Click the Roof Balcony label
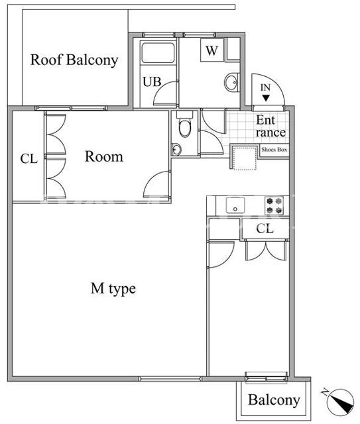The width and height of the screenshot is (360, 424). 74,60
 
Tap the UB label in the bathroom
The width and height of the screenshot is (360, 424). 152,81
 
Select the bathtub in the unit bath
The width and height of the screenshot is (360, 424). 158,52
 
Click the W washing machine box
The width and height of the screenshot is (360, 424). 212,50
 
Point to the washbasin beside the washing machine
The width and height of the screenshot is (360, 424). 231,82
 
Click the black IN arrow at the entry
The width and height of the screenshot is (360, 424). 266,98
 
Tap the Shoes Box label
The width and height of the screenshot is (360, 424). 274,150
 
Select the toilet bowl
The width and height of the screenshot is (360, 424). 185,128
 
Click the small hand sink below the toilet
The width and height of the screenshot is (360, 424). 176,150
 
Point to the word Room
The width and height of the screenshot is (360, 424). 104,156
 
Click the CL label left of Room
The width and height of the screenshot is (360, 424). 29,159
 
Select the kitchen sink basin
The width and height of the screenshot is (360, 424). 235,205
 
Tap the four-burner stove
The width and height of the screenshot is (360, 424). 274,205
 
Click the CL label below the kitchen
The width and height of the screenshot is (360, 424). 265,229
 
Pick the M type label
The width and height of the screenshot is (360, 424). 113,289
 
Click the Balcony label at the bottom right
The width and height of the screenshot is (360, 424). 274,400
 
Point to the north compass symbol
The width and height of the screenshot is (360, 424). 340,402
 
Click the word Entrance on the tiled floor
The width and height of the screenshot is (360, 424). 270,127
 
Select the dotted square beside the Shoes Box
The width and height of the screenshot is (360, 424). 245,159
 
